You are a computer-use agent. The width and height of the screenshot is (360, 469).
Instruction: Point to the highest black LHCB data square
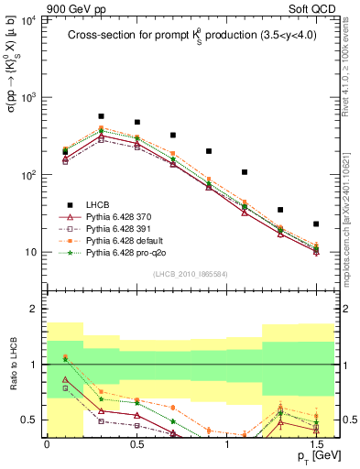click(101, 116)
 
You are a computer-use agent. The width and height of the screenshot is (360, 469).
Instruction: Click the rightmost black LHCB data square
click(316, 224)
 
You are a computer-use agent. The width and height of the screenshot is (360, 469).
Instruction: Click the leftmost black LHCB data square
click(65, 151)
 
